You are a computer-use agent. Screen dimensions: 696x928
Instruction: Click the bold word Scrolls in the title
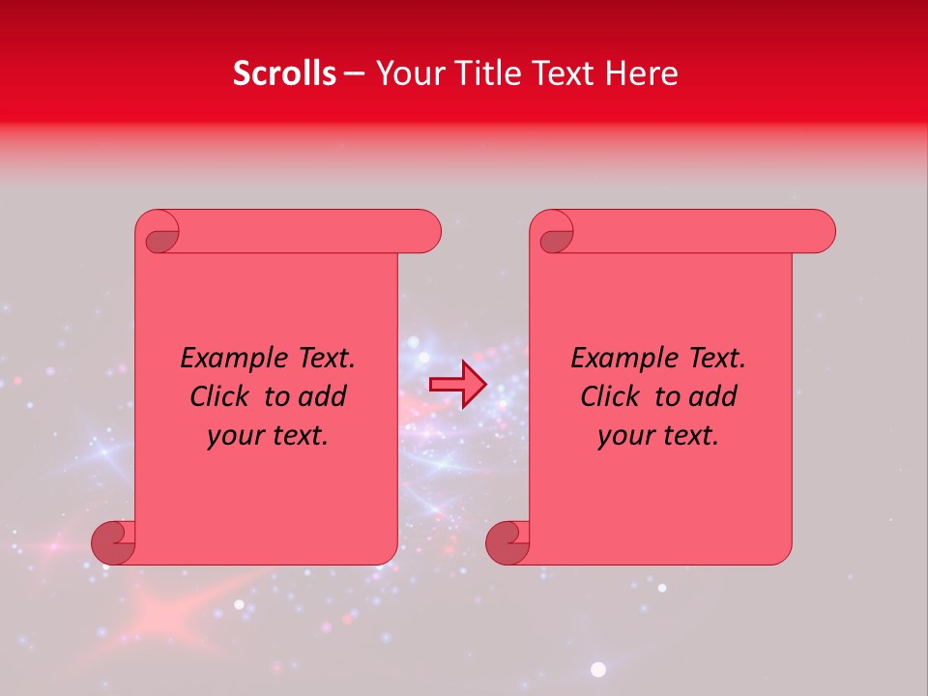click(x=285, y=73)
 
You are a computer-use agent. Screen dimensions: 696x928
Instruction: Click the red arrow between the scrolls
click(x=458, y=385)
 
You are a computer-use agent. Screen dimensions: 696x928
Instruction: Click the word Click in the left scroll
click(x=219, y=397)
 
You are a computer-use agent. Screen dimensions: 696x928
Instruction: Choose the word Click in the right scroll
click(x=610, y=397)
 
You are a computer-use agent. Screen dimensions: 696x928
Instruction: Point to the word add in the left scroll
click(x=322, y=397)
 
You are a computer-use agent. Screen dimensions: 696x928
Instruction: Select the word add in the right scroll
click(x=712, y=397)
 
